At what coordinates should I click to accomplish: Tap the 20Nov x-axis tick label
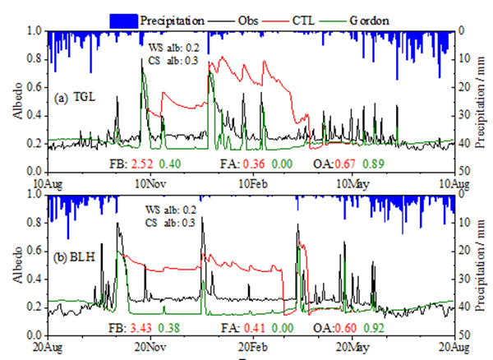click(149, 347)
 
